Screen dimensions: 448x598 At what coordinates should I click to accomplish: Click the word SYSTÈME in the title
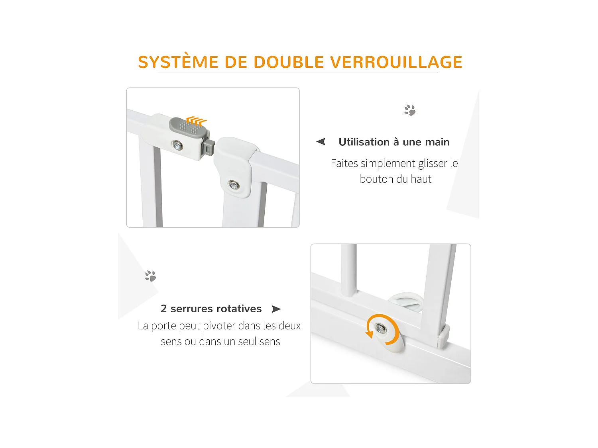tap(178, 62)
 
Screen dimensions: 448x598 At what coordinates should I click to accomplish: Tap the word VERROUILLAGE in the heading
tap(396, 62)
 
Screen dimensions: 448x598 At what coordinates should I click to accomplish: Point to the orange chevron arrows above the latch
tap(197, 120)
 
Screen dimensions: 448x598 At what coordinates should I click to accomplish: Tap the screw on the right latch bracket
tap(233, 184)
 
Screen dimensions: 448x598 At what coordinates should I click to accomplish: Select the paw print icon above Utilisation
tap(410, 110)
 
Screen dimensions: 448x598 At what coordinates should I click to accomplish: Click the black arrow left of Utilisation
tap(321, 141)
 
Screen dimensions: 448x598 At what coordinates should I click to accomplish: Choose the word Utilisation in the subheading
tap(364, 142)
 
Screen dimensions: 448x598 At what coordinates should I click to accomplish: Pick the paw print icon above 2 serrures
tap(150, 276)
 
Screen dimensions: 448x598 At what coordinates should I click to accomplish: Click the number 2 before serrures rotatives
tap(163, 309)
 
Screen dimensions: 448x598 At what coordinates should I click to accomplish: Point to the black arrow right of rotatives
tap(276, 309)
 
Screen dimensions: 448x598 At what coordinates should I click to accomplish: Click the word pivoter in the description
tap(219, 326)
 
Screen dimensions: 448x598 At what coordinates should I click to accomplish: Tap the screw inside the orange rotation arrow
tap(381, 329)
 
